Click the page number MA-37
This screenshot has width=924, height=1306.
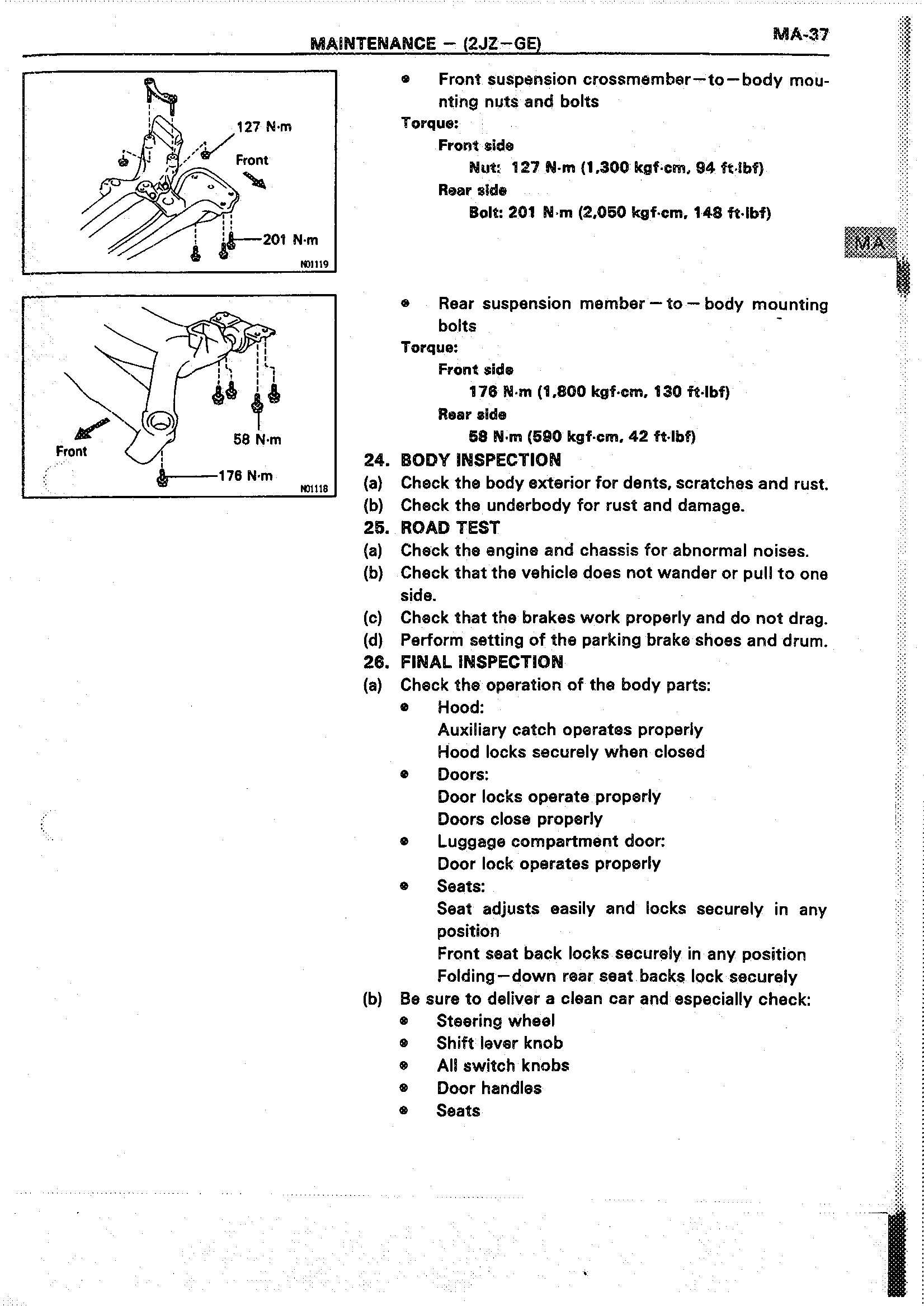tap(800, 35)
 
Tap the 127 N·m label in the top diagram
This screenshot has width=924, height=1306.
tap(264, 127)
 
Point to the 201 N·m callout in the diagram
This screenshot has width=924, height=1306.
tap(290, 240)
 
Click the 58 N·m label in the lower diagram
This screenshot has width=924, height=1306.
tap(257, 439)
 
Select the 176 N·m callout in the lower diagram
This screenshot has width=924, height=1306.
tap(246, 476)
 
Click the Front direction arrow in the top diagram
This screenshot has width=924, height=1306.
tap(254, 181)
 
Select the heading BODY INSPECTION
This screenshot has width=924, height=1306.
tap(481, 460)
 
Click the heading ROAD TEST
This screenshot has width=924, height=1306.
tap(450, 528)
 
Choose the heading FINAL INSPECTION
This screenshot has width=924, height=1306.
tap(482, 662)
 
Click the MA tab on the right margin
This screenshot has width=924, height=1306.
tap(870, 243)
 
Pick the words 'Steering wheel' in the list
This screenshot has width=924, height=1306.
tap(496, 1021)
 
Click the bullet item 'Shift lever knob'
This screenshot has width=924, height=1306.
tap(499, 1043)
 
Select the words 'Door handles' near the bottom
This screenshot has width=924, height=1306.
tap(489, 1088)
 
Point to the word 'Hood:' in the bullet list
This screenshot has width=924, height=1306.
tap(461, 708)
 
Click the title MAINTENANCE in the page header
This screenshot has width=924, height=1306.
tap(373, 44)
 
